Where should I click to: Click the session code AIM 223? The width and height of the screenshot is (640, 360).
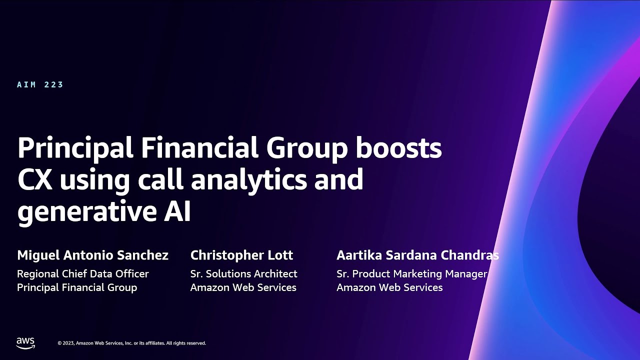coord(40,84)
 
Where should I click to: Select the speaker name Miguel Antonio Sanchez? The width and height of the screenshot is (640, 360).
coord(92,255)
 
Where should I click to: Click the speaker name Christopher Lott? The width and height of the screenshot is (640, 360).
coord(241,255)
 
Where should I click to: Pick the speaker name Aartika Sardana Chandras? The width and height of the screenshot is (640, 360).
coord(417,255)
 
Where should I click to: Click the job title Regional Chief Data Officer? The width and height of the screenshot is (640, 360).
coord(83,274)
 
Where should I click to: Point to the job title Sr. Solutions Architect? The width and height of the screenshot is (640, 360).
coord(243,274)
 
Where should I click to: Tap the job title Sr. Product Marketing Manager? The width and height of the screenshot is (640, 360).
coord(411,274)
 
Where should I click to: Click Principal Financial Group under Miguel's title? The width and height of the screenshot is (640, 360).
coord(77,287)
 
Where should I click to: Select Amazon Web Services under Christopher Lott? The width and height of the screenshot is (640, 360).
coord(243,287)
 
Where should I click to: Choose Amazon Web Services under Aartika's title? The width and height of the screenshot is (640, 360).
coord(389,287)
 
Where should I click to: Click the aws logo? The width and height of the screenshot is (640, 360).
coord(25,342)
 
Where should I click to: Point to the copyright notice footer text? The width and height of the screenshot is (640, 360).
coord(131,343)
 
